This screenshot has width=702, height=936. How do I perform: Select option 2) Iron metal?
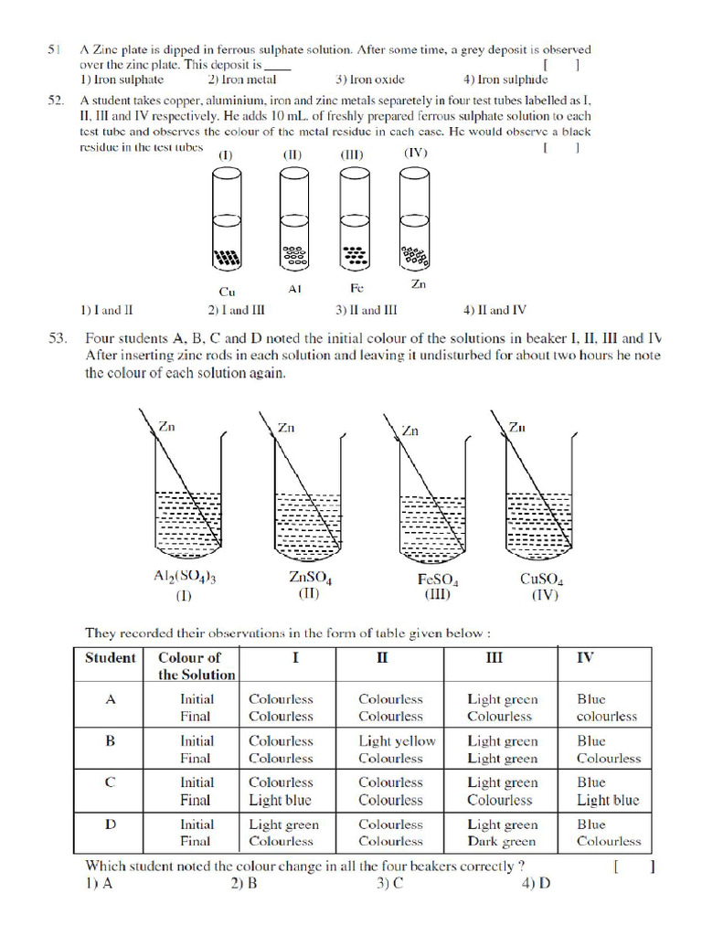click(242, 80)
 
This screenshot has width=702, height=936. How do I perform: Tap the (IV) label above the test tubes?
click(416, 153)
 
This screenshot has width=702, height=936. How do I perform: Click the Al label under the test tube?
click(294, 288)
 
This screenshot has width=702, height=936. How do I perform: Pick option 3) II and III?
click(366, 310)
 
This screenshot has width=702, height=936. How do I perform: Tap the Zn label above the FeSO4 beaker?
click(409, 431)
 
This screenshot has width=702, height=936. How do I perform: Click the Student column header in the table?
click(110, 657)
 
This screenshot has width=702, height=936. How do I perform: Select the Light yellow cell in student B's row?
click(397, 741)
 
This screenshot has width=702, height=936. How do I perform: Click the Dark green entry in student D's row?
click(501, 841)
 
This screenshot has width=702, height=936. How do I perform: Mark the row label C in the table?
click(111, 782)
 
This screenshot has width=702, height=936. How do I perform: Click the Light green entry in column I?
click(283, 824)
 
